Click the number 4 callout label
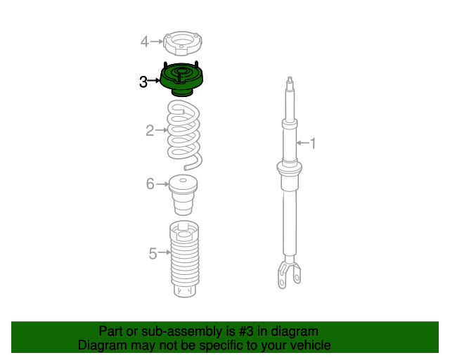pos(144,41)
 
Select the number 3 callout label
pos(143,82)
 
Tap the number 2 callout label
pos(150,130)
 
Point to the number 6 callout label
pos(150,184)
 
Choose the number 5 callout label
pos(153,253)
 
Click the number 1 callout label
pos(314,144)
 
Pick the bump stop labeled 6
pos(184,197)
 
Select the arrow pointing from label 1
pos(302,143)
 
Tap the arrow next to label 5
pos(165,252)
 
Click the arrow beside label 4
pos(157,41)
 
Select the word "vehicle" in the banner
pos(309,345)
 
